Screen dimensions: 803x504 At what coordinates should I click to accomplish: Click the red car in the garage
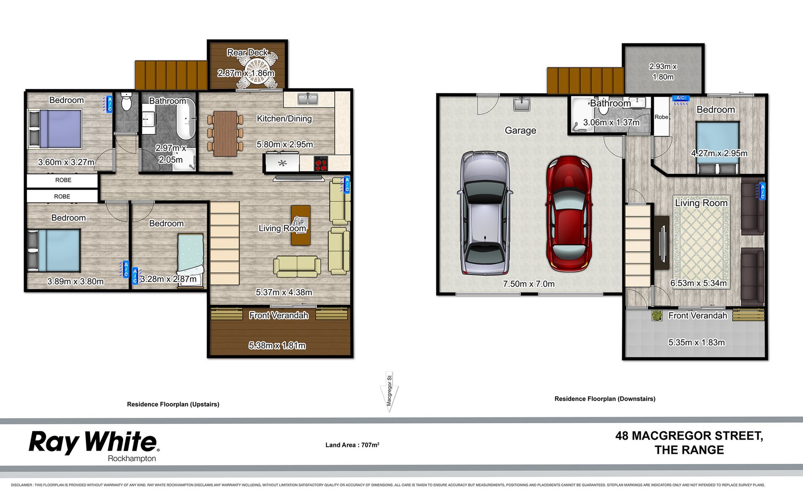[x=569, y=214]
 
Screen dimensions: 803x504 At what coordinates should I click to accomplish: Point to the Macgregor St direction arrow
[x=389, y=391]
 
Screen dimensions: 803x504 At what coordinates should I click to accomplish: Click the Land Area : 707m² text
[x=352, y=445]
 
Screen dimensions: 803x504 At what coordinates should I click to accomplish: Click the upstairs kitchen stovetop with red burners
[x=321, y=164]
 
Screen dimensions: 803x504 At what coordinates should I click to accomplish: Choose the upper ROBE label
[x=63, y=180]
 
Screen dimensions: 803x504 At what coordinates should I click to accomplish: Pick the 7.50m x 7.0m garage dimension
[x=529, y=284]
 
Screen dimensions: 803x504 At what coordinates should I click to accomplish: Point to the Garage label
[x=520, y=130]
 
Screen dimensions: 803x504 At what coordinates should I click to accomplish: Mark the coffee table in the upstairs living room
[x=301, y=225]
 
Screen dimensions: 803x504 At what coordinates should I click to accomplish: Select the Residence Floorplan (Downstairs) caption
[x=605, y=399]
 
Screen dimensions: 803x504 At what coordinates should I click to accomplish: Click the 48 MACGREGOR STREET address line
[x=689, y=436]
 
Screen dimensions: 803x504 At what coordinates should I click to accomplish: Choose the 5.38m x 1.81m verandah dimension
[x=277, y=345]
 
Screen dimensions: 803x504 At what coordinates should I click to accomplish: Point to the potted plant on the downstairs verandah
[x=657, y=315]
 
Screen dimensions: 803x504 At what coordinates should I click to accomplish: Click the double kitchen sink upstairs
[x=308, y=99]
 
